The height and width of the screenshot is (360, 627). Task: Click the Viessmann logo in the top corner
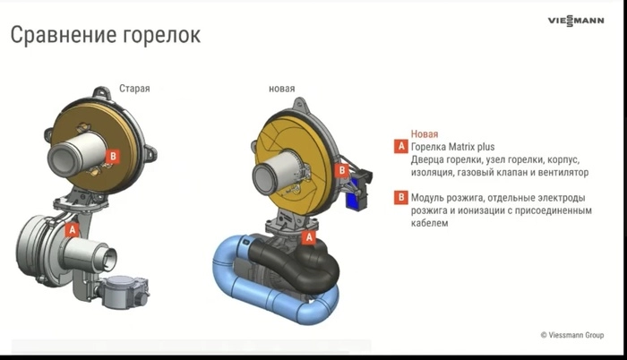[576, 21]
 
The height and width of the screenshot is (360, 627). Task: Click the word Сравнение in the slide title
[63, 35]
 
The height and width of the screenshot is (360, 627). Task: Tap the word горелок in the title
[161, 36]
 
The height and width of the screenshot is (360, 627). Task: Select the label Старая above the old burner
[134, 89]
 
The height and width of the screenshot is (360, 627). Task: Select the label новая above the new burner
[281, 89]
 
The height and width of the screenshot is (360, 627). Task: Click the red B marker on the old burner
[113, 156]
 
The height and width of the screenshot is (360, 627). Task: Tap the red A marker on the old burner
[72, 230]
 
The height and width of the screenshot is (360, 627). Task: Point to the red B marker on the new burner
[342, 171]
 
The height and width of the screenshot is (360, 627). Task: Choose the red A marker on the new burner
[309, 237]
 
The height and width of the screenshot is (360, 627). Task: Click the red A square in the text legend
[401, 146]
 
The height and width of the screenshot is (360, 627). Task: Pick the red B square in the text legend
[401, 197]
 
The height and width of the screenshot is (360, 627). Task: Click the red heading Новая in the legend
[425, 134]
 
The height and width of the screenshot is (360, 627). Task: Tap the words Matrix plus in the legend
[471, 147]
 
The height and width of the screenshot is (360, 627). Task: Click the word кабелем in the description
[429, 223]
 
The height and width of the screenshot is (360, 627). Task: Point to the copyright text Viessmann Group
[576, 335]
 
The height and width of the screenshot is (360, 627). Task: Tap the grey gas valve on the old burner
[124, 292]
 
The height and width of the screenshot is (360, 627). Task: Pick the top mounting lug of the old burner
[102, 93]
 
